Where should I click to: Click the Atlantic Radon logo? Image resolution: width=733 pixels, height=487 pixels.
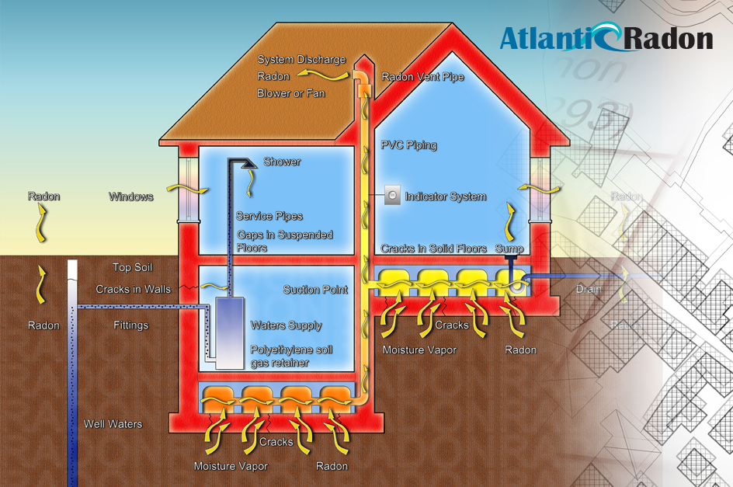606,38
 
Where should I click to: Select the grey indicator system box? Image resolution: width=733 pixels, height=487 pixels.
392,197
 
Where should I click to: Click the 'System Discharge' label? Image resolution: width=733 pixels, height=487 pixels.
301,60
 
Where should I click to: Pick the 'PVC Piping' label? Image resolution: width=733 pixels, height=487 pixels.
408,145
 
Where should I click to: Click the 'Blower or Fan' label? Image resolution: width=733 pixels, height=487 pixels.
291,93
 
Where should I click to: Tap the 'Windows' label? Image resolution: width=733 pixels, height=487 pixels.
131,197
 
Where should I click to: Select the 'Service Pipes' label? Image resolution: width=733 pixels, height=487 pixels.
269,216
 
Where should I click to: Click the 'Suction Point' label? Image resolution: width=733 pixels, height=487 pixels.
315,290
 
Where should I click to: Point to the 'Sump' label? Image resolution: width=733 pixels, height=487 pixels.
509,249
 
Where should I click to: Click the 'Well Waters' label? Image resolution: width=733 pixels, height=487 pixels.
113,424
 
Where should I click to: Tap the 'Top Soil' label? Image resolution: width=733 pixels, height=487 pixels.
133,268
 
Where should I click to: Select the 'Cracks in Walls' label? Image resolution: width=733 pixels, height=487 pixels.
134,290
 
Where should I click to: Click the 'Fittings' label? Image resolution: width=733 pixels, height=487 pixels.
130,325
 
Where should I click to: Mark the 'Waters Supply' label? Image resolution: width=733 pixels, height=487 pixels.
286,325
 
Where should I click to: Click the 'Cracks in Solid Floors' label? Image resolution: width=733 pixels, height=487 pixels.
433,249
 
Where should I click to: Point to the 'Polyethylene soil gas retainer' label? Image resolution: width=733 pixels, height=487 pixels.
291,357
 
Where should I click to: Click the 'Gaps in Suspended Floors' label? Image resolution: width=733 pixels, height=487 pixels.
284,241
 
